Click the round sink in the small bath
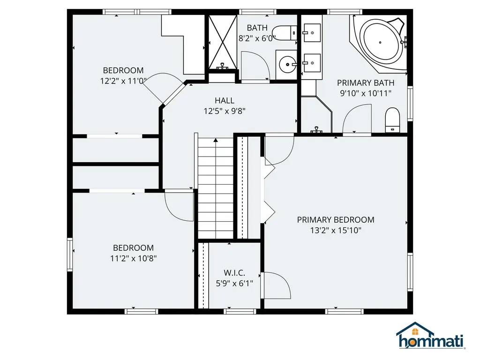tap(286, 62)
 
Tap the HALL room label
tap(225, 100)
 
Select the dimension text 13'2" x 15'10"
tap(336, 230)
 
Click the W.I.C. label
tap(234, 273)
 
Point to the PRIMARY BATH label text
tap(366, 83)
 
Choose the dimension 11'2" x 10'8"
tap(133, 258)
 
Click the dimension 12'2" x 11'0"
tap(123, 81)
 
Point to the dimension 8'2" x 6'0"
tap(257, 38)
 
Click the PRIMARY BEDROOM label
tap(336, 220)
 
